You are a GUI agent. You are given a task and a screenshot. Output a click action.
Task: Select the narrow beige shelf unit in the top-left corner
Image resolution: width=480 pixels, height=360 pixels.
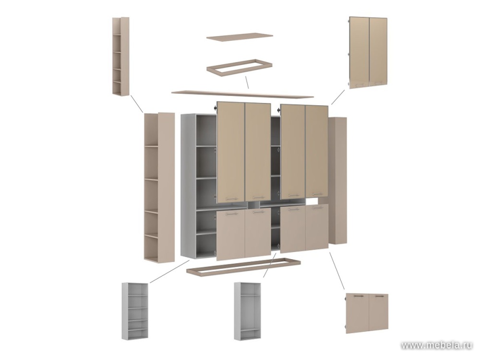point(121,57)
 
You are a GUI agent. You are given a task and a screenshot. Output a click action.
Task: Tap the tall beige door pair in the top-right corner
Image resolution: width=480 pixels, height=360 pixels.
point(369,53)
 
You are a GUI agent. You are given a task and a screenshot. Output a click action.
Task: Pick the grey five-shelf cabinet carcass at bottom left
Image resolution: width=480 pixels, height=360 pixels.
point(135,312)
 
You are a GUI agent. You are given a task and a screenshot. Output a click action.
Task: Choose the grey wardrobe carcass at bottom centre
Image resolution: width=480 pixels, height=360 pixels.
point(247,311)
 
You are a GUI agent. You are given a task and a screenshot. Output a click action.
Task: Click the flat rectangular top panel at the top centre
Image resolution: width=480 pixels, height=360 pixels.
point(240,37)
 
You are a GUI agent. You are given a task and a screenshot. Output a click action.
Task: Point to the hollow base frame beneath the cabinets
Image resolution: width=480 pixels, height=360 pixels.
point(243,266)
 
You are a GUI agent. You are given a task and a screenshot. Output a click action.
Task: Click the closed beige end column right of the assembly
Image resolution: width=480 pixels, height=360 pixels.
point(337,180)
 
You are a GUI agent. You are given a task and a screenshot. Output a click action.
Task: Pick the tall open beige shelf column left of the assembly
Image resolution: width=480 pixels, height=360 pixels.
point(159,187)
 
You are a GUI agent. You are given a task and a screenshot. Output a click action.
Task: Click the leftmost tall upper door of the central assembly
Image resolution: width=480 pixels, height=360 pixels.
point(231,152)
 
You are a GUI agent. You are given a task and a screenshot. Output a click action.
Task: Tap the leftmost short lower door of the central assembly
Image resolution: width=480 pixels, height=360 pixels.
point(231,235)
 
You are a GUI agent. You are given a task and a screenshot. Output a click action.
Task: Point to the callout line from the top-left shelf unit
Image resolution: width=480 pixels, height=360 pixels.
point(137,104)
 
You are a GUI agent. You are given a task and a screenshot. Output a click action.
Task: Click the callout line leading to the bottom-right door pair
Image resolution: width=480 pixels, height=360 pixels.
point(337,271)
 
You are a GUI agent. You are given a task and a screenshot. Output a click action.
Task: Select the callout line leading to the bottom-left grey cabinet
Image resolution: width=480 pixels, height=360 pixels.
point(169,272)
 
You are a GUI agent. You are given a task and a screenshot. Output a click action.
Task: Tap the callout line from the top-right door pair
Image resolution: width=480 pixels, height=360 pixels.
point(338,97)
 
